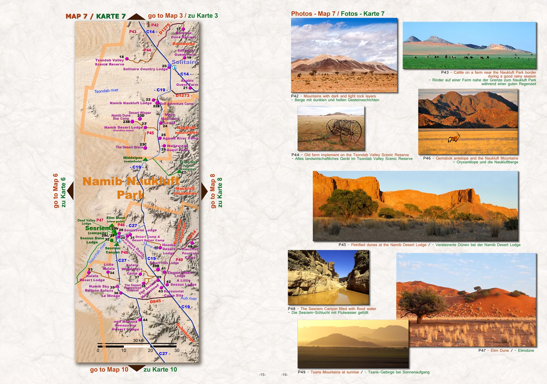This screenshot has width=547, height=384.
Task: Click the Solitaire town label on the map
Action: (185, 62)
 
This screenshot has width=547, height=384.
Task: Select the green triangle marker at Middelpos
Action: (145, 159)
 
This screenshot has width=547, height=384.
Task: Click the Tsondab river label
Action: (106, 90)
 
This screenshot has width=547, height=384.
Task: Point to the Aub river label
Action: (189, 298)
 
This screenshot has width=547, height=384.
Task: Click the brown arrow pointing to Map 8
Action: (204, 191)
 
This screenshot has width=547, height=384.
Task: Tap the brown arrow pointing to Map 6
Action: (70, 191)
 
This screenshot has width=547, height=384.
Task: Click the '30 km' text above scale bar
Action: (138, 341)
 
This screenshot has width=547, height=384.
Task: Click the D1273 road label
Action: (182, 95)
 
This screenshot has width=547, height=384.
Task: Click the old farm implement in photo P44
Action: (343, 130)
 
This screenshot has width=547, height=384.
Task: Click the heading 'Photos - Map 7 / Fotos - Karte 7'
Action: (337, 14)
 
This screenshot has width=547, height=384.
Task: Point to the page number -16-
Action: (284, 374)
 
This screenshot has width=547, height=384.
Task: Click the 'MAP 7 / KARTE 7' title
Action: (96, 16)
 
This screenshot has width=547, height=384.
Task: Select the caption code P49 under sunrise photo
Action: (301, 372)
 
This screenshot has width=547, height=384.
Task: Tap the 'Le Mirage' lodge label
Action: (111, 296)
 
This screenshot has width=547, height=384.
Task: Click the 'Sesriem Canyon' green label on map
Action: (113, 250)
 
